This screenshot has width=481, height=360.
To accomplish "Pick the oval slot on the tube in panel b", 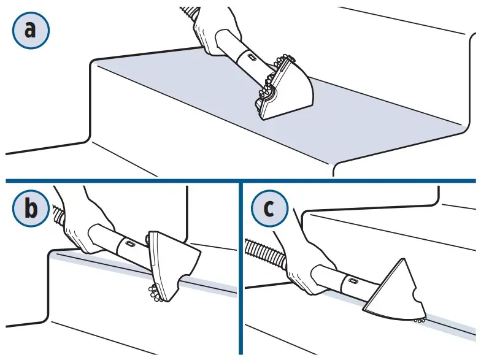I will click(x=131, y=243).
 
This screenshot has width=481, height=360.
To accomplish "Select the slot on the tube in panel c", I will click(x=353, y=281).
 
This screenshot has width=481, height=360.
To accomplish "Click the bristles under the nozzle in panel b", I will click(x=154, y=293).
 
